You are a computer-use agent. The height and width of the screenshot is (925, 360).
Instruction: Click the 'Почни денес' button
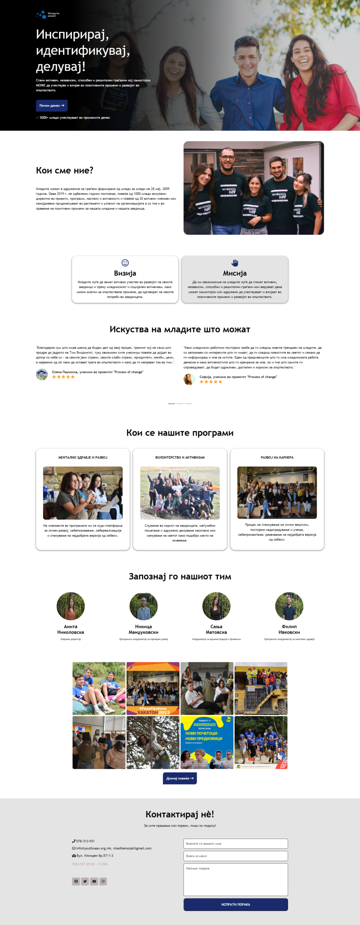(52, 106)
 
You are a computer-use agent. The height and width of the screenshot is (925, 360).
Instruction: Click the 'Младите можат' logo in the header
(48, 15)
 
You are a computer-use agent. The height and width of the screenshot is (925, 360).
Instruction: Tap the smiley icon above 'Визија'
(125, 263)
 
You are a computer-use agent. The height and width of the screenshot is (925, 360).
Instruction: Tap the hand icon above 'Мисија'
(235, 263)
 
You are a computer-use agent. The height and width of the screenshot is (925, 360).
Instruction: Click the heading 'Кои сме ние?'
(65, 171)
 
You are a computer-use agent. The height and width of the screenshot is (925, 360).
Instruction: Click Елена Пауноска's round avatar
(42, 374)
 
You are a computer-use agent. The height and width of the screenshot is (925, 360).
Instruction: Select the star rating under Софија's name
(211, 382)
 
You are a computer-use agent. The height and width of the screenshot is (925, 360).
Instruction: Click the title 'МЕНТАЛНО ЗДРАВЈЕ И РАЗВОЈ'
(83, 457)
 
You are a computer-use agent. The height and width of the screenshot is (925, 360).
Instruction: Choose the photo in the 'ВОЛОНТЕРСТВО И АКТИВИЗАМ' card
(180, 493)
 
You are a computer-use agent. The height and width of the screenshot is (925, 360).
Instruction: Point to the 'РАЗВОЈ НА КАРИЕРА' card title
(277, 457)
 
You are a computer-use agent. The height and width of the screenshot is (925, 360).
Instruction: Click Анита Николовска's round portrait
(70, 606)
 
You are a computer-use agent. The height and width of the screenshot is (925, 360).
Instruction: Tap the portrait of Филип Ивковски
(289, 606)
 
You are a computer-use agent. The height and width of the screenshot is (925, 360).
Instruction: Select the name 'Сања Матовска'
(216, 629)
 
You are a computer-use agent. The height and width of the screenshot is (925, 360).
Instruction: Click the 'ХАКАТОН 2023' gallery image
(153, 688)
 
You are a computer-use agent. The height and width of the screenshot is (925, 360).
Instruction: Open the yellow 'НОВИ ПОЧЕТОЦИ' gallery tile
(207, 742)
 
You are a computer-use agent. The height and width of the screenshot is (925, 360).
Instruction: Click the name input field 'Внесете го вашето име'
(236, 843)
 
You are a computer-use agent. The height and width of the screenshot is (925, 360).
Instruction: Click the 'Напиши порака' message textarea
(236, 879)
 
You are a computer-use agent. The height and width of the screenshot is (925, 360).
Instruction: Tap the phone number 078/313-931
(85, 841)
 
